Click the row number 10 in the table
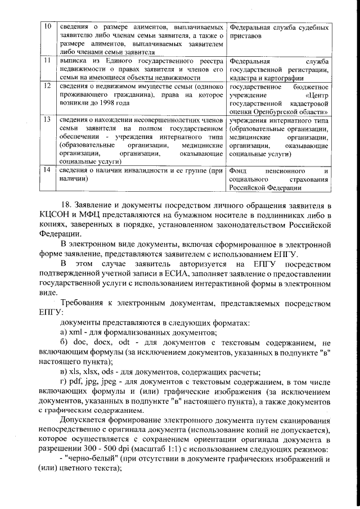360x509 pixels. [48, 27]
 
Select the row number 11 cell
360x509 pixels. [48, 60]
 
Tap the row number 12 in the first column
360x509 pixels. [48, 85]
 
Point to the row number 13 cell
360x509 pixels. [48, 119]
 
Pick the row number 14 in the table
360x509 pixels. [48, 170]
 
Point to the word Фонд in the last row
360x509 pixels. [239, 170]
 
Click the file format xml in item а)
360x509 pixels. [75, 332]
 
